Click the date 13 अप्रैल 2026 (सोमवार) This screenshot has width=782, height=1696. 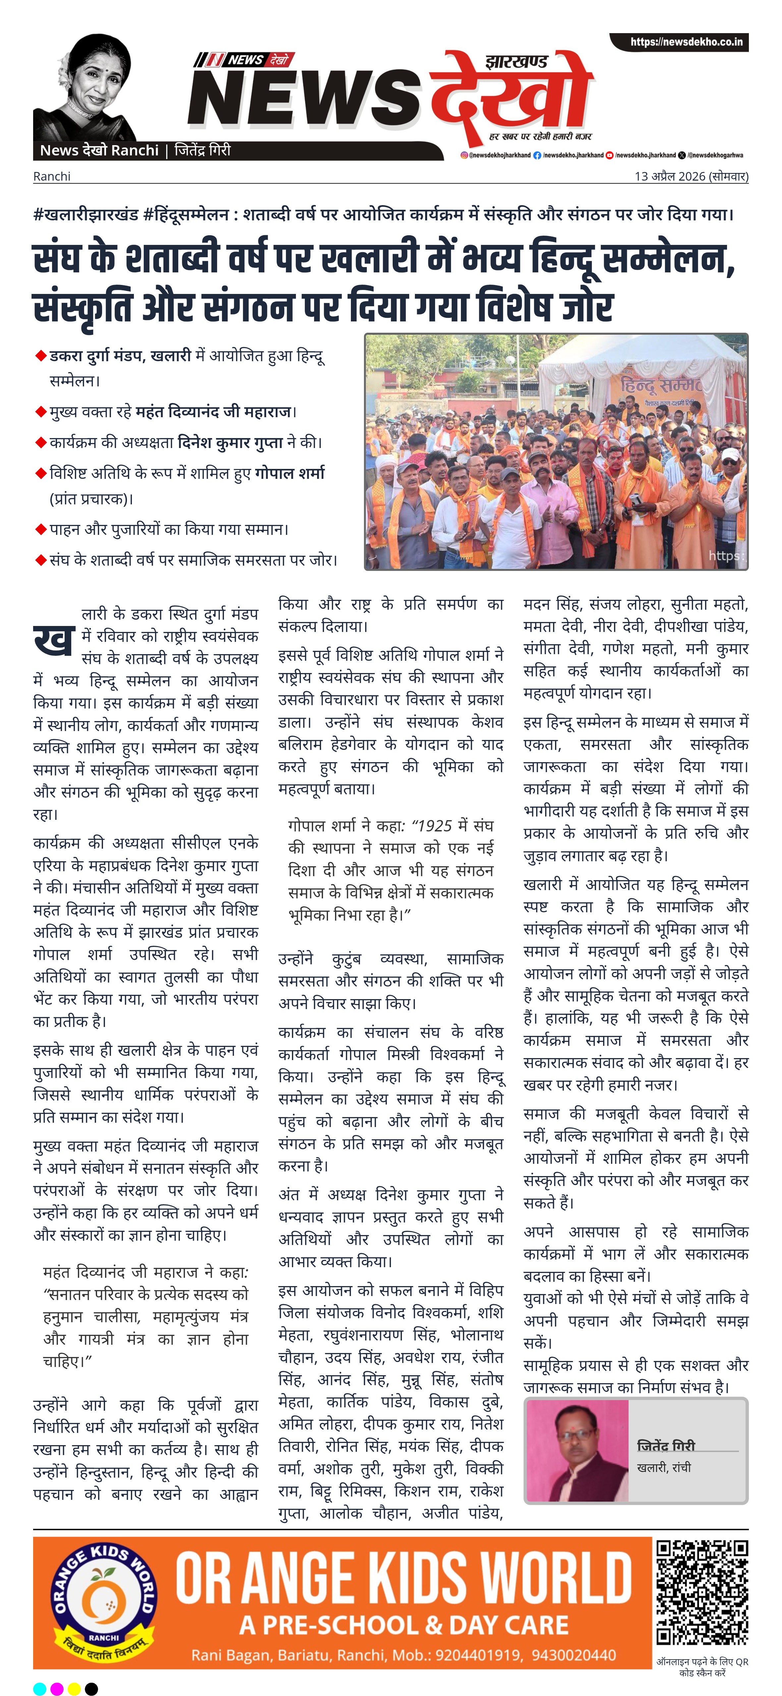691,176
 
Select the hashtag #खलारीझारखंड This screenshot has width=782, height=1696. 85,215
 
